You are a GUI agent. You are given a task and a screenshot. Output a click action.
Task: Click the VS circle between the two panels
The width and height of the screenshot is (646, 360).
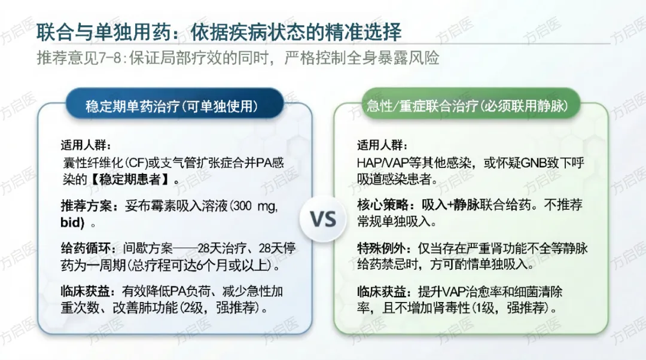(323, 219)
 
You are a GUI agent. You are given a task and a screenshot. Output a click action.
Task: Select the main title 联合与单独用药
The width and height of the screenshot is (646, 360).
(103, 32)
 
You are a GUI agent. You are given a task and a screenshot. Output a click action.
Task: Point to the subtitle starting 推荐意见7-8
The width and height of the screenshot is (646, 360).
(237, 58)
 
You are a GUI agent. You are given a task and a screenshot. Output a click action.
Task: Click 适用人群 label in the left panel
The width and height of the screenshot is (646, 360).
(86, 145)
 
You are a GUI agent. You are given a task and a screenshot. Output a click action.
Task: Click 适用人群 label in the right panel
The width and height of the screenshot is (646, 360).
(382, 145)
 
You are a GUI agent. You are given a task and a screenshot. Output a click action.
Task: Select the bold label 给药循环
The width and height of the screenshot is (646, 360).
(86, 248)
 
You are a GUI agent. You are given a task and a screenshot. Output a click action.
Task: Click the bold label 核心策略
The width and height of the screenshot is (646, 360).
(382, 205)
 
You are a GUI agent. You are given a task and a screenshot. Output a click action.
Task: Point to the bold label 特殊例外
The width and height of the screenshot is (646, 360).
(382, 248)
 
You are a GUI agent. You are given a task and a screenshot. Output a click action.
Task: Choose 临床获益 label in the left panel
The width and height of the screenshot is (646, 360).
(86, 292)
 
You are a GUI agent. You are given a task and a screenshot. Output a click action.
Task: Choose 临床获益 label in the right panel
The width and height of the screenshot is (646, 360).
(382, 292)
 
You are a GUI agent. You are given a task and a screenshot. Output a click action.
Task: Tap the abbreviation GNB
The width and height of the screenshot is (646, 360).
(534, 163)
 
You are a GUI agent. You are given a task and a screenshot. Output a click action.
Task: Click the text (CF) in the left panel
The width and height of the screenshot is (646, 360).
(136, 163)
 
